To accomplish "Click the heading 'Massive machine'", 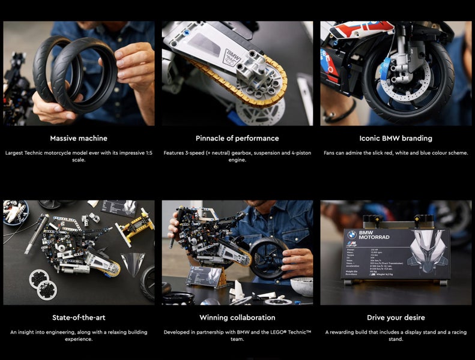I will (79, 138).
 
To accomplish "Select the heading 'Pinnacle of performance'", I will (237, 138).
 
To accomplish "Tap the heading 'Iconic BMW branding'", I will (396, 138).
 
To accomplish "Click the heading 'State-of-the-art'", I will (79, 317).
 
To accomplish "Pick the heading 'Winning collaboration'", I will (237, 317).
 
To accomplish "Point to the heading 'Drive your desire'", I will (396, 317).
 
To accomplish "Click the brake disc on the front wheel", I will (408, 90).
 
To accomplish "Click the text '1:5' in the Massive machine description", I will (148, 153).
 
